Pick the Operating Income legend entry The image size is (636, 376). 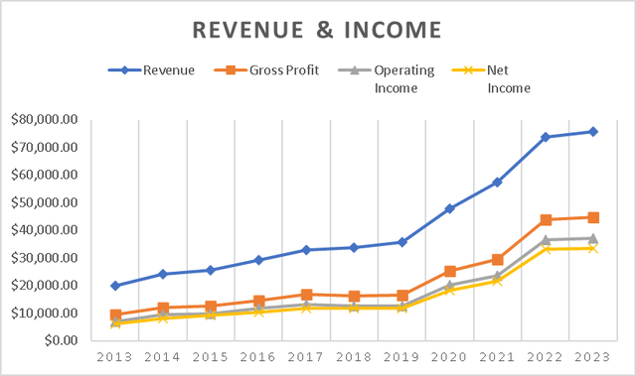click(392, 78)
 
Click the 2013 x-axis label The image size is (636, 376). click(116, 357)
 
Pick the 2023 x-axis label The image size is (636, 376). click(591, 357)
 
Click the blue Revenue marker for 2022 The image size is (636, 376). click(545, 137)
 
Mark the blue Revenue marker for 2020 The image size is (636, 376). click(449, 208)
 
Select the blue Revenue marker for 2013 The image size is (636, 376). click(116, 286)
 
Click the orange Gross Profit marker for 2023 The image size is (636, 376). click(592, 217)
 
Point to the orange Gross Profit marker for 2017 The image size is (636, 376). click(306, 295)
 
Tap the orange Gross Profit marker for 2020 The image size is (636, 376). click(449, 271)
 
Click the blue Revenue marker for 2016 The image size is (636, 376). click(258, 260)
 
